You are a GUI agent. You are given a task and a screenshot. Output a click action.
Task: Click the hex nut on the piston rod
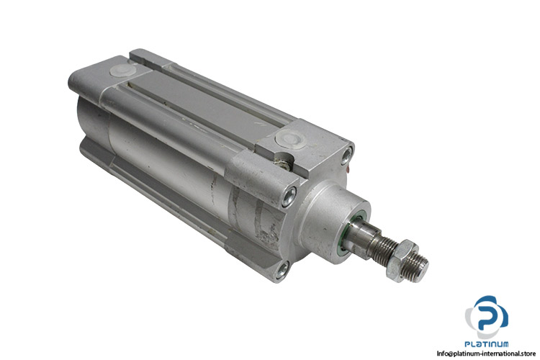coord(402,261)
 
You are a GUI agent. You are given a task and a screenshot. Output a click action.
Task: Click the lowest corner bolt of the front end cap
coord(282,270)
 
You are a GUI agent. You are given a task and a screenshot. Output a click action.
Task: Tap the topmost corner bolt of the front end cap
coord(346,156)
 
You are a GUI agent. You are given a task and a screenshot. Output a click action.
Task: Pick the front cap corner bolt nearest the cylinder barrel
coord(289,197)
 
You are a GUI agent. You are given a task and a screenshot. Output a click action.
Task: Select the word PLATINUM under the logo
coord(486,344)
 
